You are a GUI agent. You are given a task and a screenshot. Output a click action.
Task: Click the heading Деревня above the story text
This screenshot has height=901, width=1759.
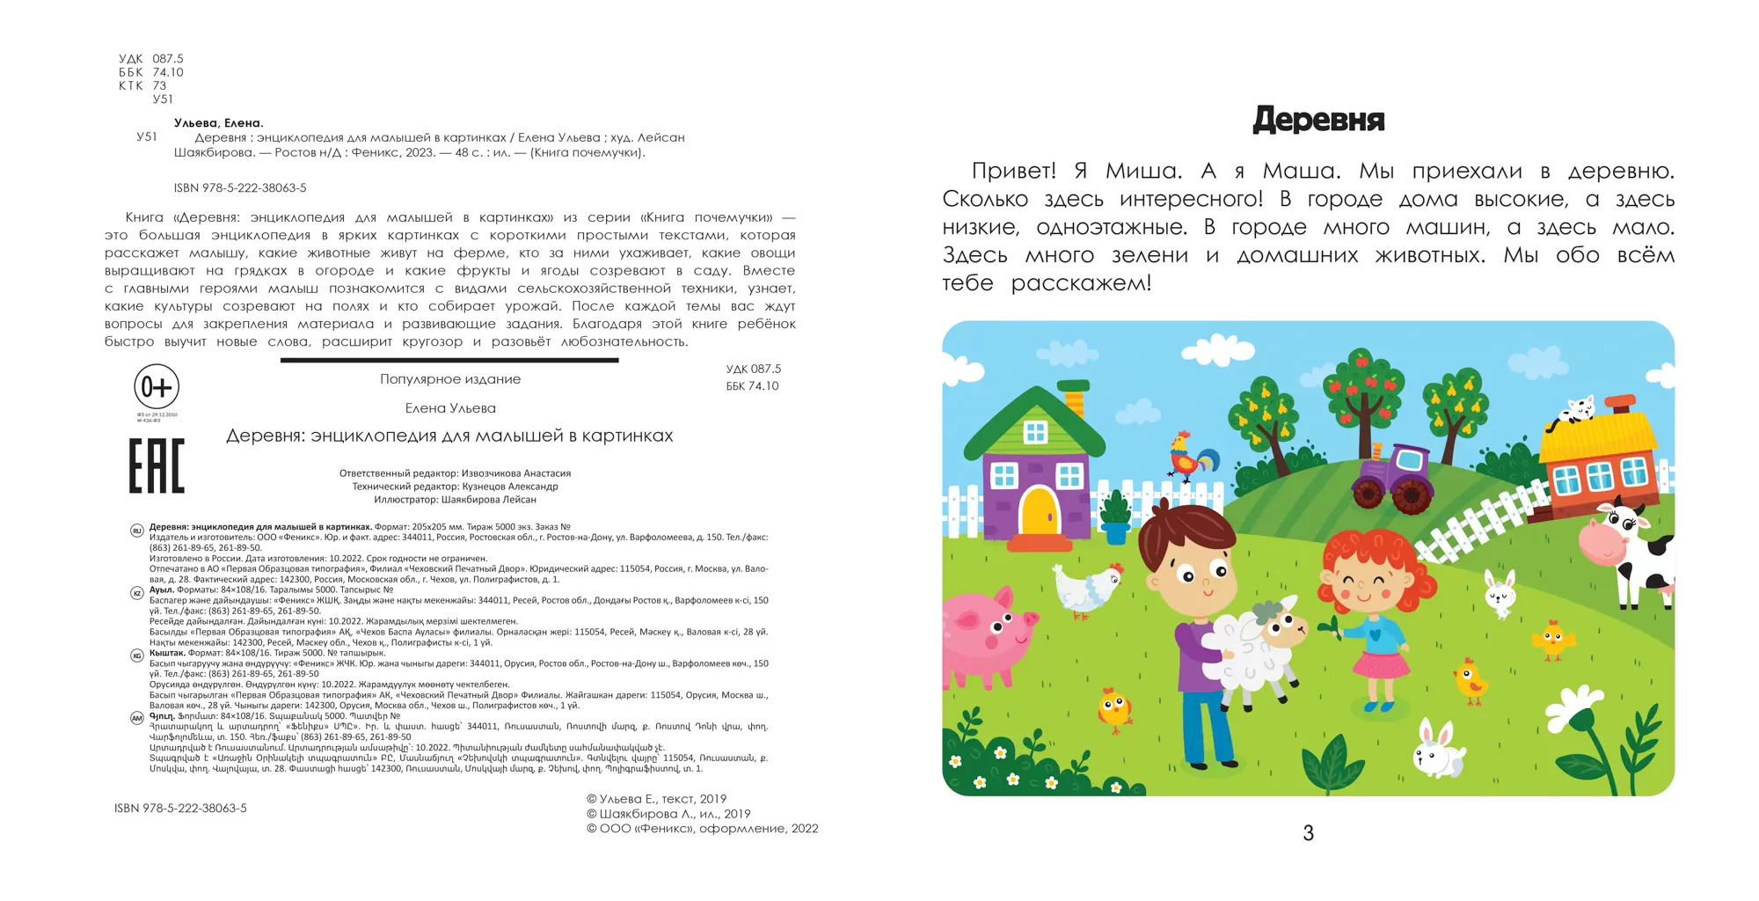(1318, 120)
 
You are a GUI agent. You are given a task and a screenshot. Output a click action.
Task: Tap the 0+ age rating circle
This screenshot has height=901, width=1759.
(157, 387)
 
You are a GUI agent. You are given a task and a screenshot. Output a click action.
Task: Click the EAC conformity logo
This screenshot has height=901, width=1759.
(157, 465)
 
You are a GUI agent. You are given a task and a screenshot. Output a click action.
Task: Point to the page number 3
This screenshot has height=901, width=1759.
(1308, 833)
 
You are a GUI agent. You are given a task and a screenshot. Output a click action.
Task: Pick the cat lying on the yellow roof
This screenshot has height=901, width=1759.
(1577, 412)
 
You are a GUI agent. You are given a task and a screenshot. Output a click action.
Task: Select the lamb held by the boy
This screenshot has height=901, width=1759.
(1253, 647)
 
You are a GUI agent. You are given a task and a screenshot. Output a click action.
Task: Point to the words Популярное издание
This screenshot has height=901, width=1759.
(450, 379)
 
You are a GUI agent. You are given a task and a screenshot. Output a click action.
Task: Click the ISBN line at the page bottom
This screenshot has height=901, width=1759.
(180, 808)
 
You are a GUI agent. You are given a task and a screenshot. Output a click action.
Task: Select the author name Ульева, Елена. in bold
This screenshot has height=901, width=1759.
(219, 123)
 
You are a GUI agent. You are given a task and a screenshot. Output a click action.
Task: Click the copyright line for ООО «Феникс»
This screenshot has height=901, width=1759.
(702, 829)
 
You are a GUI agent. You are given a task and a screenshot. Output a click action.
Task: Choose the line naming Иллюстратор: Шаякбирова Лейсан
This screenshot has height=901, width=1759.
(455, 500)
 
